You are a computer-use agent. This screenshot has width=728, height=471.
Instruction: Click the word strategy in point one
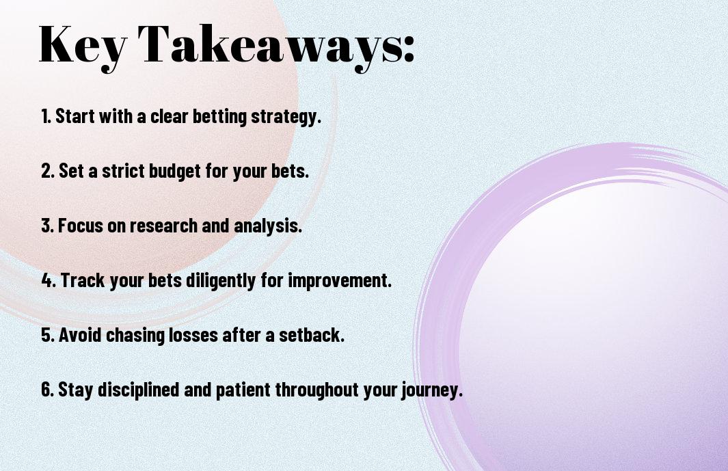click(286, 117)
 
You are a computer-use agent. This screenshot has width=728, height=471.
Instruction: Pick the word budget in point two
click(171, 172)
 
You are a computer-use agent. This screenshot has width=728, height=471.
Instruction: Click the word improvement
click(340, 281)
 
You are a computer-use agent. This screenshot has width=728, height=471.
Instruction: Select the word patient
click(244, 390)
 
